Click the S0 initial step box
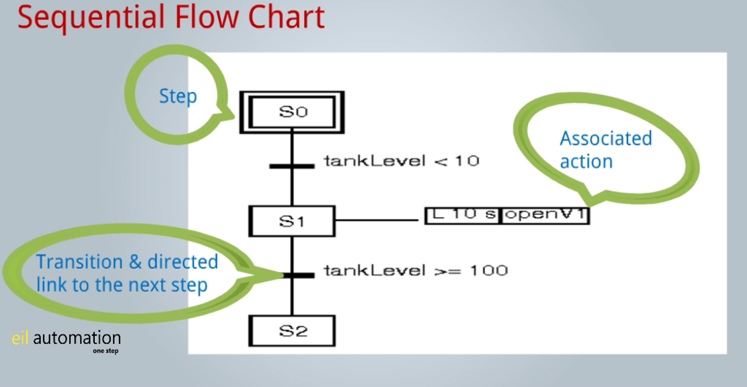point(292,112)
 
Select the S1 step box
point(292,221)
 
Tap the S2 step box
point(292,331)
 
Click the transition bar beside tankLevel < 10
point(292,166)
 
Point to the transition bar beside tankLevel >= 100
point(299,275)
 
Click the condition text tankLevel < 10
point(402,161)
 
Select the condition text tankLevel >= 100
point(416,270)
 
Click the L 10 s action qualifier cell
point(462,216)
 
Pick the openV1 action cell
point(545,216)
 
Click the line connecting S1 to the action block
point(377,220)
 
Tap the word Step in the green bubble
point(178,97)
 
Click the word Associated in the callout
point(606,138)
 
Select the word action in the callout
point(586,161)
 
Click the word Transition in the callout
point(80,262)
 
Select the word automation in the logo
point(77,338)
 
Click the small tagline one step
point(106,351)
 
